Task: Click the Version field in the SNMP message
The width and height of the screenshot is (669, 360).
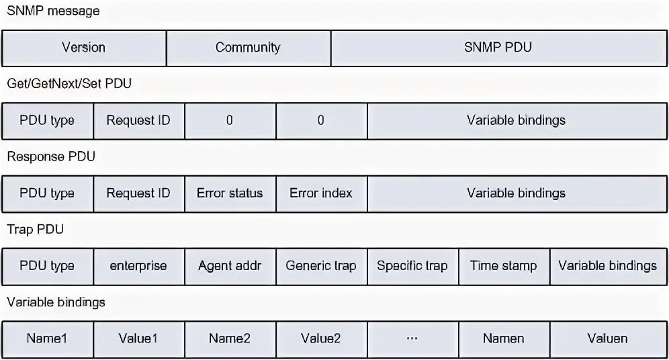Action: click(83, 48)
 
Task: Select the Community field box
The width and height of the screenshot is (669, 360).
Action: click(248, 48)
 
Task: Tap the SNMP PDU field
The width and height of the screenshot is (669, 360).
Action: click(498, 48)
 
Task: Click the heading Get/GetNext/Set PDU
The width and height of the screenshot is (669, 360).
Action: click(69, 84)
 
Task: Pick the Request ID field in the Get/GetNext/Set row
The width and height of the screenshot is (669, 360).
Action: click(138, 121)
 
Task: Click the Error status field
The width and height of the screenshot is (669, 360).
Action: click(230, 193)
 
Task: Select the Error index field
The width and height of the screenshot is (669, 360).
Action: click(321, 193)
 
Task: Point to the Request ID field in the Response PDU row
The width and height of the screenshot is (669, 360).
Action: click(138, 193)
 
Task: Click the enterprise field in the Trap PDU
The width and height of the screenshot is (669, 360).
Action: click(138, 266)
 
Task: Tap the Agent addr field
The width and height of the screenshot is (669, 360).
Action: click(230, 266)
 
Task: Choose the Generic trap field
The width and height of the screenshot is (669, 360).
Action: click(321, 266)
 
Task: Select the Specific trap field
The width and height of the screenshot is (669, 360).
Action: click(412, 266)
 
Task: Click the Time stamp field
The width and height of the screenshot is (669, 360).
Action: click(504, 266)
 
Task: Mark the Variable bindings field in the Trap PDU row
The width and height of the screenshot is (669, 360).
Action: click(608, 266)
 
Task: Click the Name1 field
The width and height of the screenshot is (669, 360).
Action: click(47, 339)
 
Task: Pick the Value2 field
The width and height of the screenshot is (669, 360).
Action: click(321, 339)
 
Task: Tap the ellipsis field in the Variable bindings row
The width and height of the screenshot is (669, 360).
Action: click(412, 339)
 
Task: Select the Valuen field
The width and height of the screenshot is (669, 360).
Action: click(608, 339)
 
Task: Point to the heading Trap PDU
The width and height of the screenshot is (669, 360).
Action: click(36, 230)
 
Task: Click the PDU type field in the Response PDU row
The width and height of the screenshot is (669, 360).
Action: click(47, 193)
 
